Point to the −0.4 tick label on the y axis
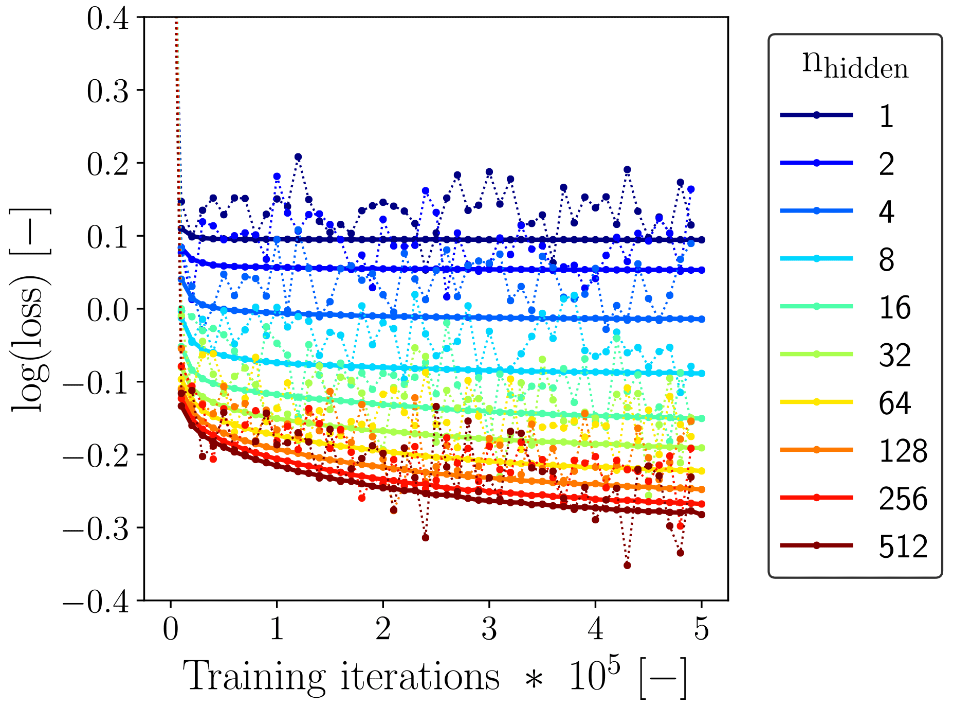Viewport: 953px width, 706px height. [97, 601]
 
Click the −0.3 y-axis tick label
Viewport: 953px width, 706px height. [97, 528]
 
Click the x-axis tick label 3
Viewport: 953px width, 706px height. [489, 629]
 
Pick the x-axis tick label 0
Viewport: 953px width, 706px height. [171, 629]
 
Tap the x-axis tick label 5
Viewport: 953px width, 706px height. [702, 629]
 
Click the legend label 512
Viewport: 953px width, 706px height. [903, 546]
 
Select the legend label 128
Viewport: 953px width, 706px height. [903, 451]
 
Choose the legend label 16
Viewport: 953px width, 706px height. [895, 308]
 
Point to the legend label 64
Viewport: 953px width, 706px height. [895, 403]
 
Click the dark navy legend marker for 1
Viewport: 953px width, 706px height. [816, 115]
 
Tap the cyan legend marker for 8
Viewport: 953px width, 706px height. [816, 258]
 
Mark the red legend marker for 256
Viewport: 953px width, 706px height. [816, 498]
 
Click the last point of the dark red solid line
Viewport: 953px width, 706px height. [702, 515]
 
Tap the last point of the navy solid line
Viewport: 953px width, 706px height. [702, 240]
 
